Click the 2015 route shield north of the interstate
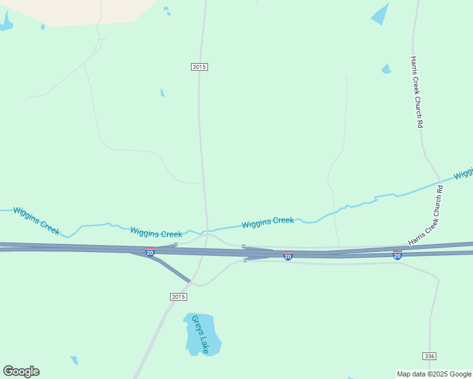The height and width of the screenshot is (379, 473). click(x=199, y=67)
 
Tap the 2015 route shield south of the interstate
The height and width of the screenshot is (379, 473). click(x=178, y=297)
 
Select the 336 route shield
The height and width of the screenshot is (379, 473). click(x=430, y=356)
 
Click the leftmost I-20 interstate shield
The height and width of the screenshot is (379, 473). click(x=150, y=253)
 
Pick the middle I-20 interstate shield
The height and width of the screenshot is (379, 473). click(x=288, y=256)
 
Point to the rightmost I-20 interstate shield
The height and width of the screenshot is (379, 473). click(x=397, y=255)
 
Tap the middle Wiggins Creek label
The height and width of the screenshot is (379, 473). click(x=156, y=233)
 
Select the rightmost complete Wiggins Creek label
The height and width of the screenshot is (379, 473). click(x=267, y=222)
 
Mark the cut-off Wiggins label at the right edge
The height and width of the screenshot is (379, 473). click(x=464, y=172)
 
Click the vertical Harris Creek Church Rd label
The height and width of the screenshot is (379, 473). click(x=415, y=92)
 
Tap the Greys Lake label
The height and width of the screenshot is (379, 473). click(x=200, y=334)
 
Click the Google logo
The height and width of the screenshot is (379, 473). click(x=21, y=371)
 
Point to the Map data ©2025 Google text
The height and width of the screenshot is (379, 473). click(x=434, y=374)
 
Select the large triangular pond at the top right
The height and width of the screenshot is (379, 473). click(x=381, y=14)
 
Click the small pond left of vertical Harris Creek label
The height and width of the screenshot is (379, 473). click(x=386, y=69)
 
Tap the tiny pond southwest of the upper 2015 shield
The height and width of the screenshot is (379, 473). click(x=163, y=93)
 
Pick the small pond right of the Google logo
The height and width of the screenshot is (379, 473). click(x=75, y=361)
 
